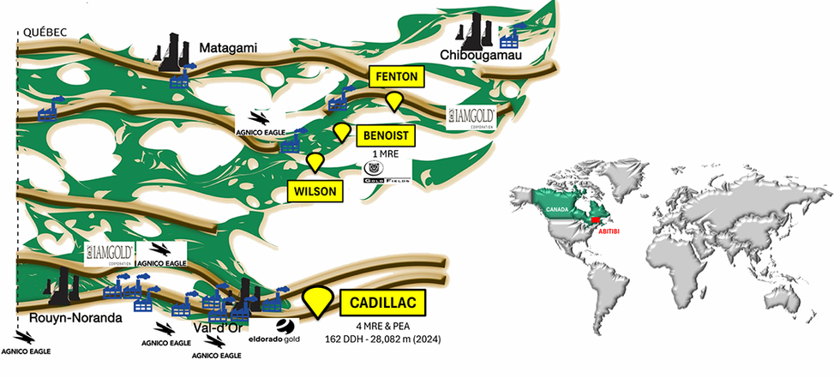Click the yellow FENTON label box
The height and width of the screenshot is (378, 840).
(397, 76)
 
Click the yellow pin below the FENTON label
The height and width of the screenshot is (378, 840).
(393, 102)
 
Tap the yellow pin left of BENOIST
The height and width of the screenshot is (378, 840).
(342, 131)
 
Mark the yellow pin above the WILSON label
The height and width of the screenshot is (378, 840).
(316, 160)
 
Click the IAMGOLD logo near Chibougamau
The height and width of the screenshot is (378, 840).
(471, 115)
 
